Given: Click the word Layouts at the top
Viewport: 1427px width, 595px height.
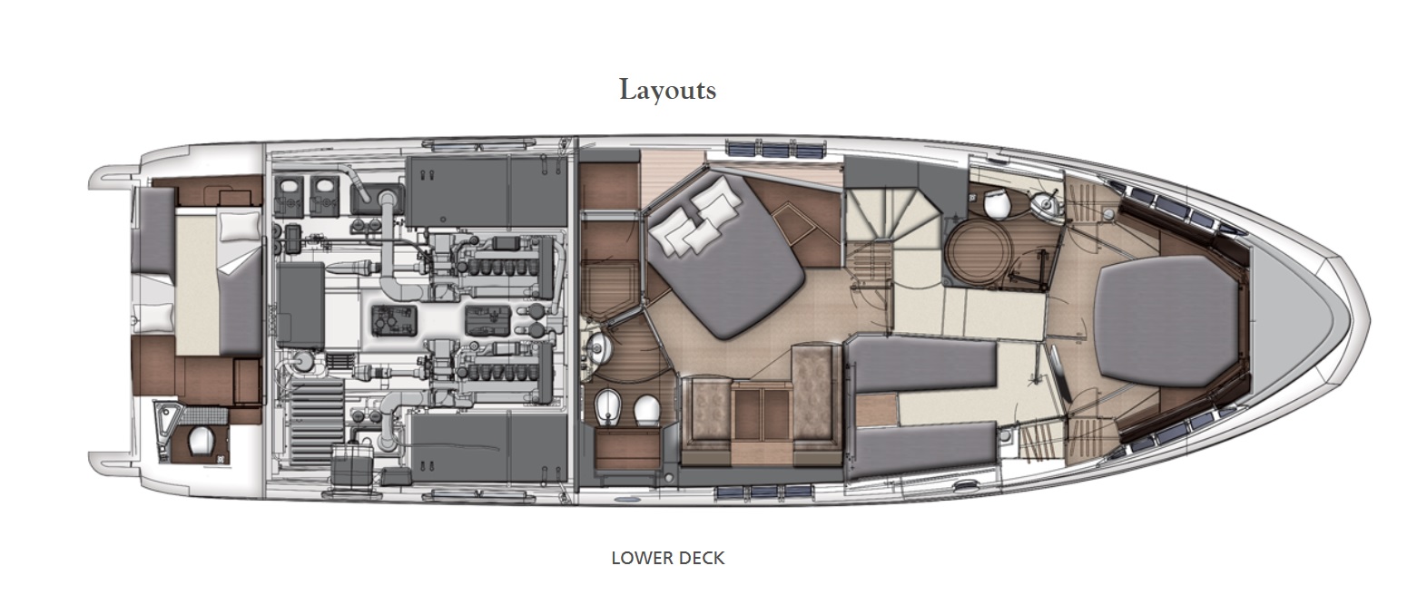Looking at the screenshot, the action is (x=667, y=91).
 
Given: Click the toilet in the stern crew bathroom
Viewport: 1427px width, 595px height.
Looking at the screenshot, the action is (x=202, y=439).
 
